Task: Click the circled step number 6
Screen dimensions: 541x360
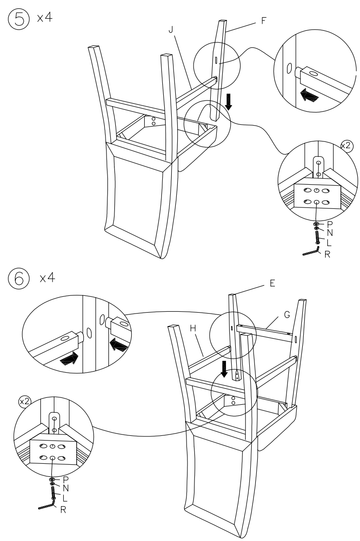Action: tap(14, 278)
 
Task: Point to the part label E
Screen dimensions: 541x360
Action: tap(266, 282)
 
